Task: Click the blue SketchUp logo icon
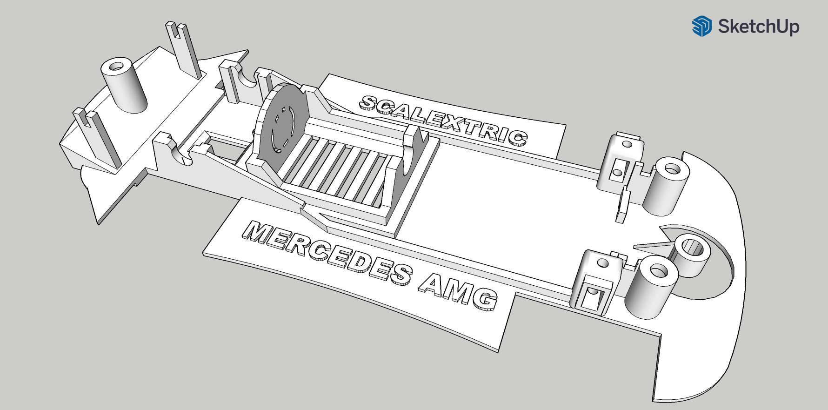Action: click(x=701, y=26)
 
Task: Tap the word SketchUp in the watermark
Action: click(x=758, y=27)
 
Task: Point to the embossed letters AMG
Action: click(x=458, y=290)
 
